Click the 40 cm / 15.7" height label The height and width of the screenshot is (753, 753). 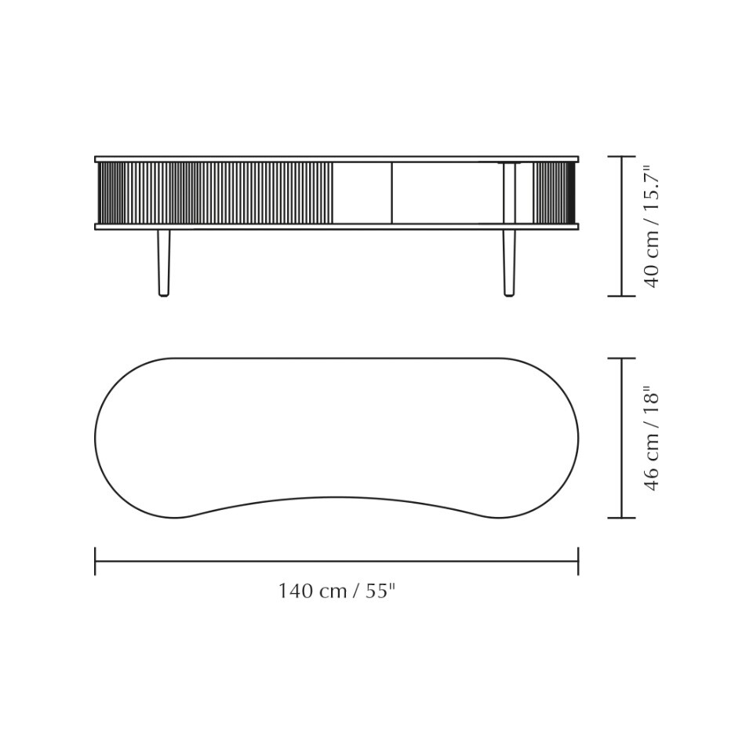pos(652,226)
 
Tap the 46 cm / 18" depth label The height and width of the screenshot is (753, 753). pos(652,438)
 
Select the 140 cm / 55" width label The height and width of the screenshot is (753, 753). pos(336,591)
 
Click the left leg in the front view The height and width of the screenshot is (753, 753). pos(163,262)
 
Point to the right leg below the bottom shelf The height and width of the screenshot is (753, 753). pos(509,262)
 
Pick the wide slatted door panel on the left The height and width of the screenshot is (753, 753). pos(216,193)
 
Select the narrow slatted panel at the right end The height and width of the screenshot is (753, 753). pos(554,193)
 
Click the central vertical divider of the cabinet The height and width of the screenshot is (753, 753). pos(391,193)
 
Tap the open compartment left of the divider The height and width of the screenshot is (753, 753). pos(362,193)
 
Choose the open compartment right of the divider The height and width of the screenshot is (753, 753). pos(447,193)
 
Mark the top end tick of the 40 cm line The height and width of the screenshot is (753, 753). pos(622,157)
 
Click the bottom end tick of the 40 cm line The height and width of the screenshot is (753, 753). pos(622,296)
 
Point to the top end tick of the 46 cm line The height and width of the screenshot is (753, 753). pos(622,358)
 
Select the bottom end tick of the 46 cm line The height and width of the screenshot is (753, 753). pos(622,518)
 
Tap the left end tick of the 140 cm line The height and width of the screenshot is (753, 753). pos(95,561)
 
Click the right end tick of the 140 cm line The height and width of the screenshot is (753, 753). pos(578,561)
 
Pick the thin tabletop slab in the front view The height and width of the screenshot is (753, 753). pos(336,159)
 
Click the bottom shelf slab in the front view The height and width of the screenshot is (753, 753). pos(336,227)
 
